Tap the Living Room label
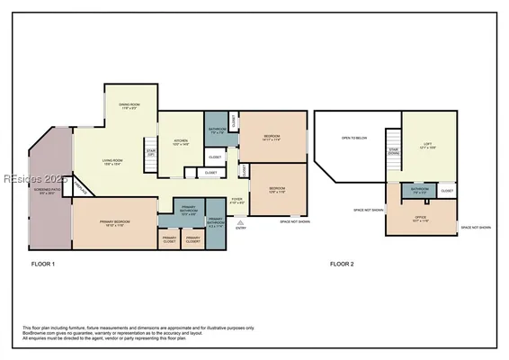pyautogui.click(x=112, y=162)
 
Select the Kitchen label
pyautogui.click(x=180, y=142)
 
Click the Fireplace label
pyautogui.click(x=82, y=188)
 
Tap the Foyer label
pyautogui.click(x=237, y=202)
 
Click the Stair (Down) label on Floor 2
pyautogui.click(x=392, y=152)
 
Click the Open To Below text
pyautogui.click(x=353, y=138)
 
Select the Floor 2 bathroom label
pyautogui.click(x=420, y=191)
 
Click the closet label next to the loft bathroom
pyautogui.click(x=447, y=191)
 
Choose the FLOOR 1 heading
pyautogui.click(x=42, y=264)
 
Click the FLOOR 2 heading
pyautogui.click(x=342, y=264)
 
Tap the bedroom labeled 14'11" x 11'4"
pyautogui.click(x=272, y=139)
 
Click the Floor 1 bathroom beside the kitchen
pyautogui.click(x=217, y=130)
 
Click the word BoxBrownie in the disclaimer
pyautogui.click(x=35, y=333)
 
